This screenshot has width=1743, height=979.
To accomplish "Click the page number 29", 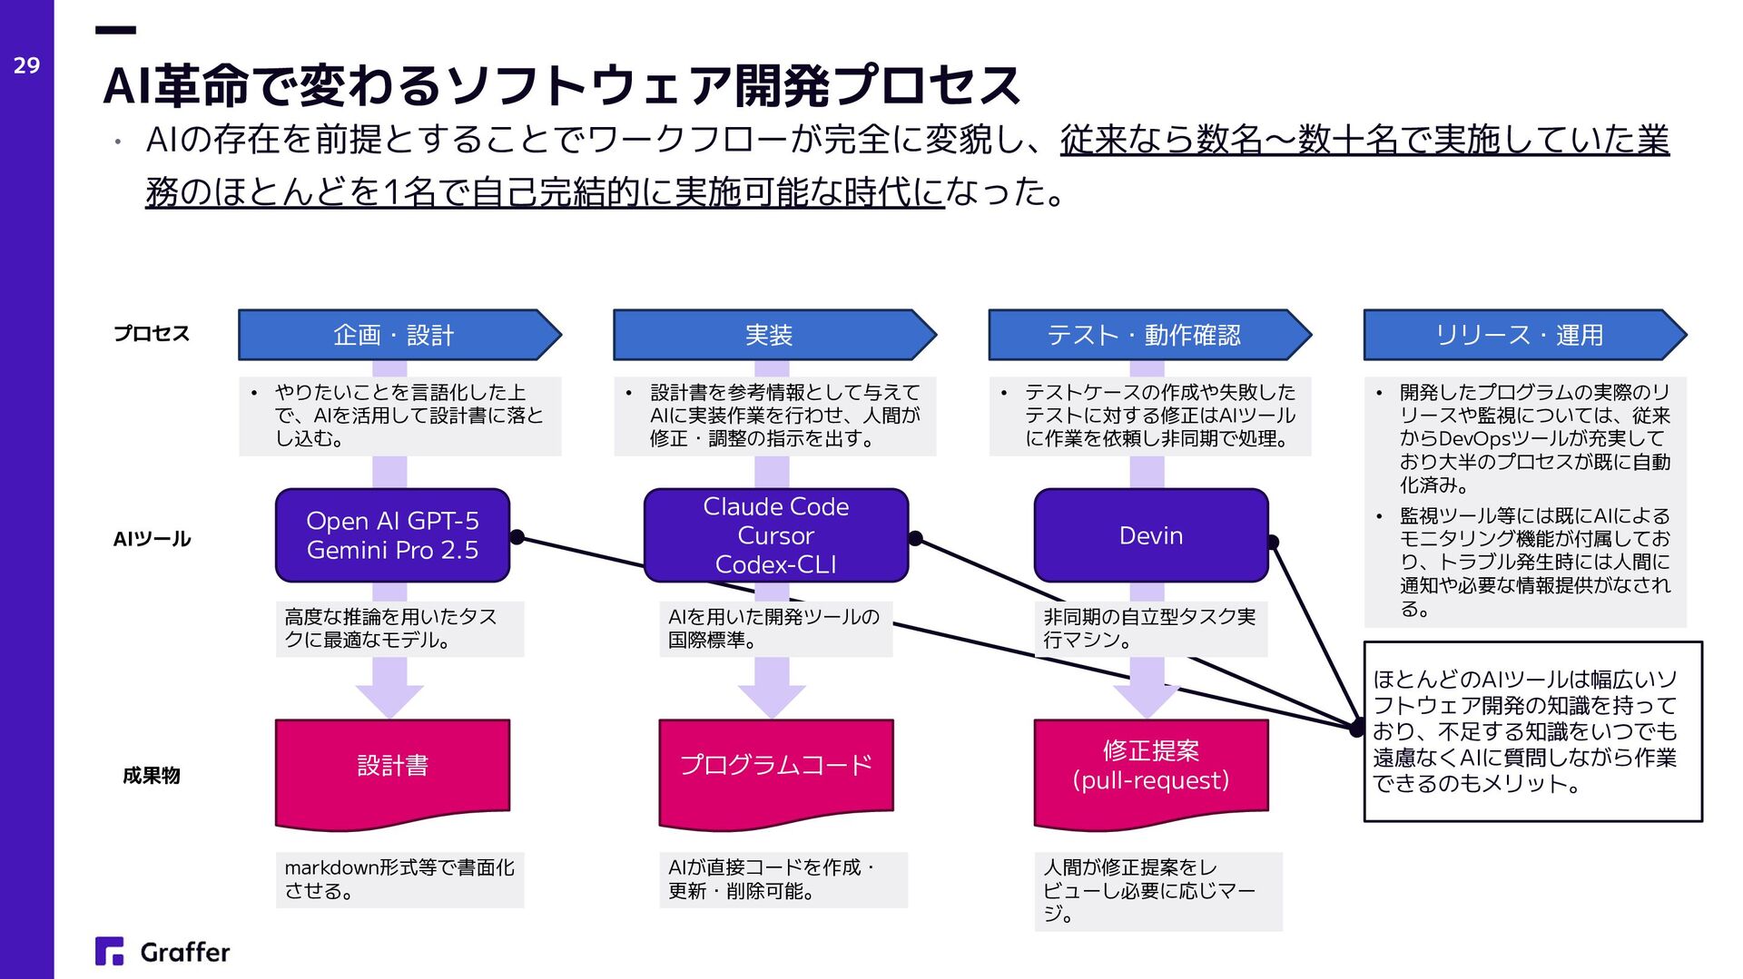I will [26, 65].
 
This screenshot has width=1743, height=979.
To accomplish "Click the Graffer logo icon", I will [109, 951].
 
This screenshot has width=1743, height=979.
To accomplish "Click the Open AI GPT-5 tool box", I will [392, 535].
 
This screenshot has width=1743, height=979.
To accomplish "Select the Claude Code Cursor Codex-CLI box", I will [775, 535].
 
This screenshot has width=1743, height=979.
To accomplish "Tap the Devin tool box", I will [1150, 535].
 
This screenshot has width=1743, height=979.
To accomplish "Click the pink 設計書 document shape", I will [392, 768].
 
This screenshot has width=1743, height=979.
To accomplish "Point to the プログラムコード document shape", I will [775, 768].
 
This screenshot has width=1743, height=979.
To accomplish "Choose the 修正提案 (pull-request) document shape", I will [1150, 768].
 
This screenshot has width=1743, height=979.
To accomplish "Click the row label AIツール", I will [152, 539].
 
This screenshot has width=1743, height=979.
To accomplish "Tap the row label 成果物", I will [152, 776].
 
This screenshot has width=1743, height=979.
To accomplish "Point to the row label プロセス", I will [152, 334].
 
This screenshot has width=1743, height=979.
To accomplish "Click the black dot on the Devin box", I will [1273, 542].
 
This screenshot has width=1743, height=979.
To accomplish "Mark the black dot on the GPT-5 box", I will [517, 537].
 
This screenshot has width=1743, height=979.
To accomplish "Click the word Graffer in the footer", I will [185, 952].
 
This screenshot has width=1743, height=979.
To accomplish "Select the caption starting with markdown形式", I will [399, 879].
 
